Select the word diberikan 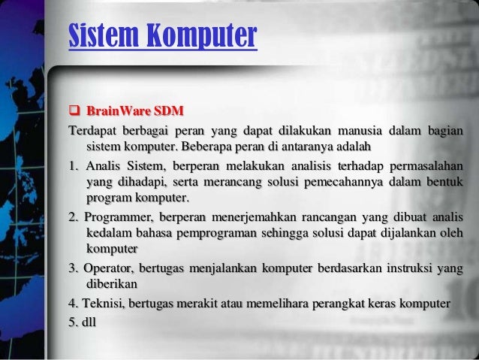pyautogui.click(x=111, y=285)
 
